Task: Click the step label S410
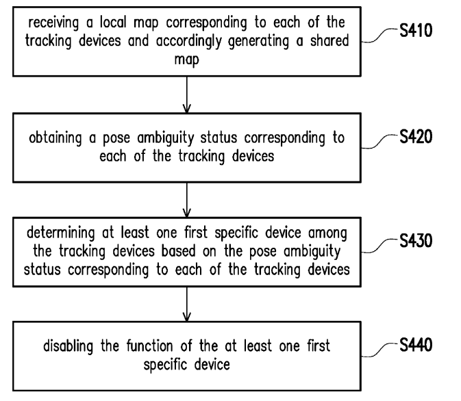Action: [x=416, y=30]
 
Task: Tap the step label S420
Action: [x=416, y=137]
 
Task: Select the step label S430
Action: [x=416, y=241]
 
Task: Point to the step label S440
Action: [x=416, y=345]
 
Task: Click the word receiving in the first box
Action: [x=53, y=23]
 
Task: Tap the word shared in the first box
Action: [x=329, y=40]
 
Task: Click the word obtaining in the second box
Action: [x=55, y=138]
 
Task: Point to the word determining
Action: [x=60, y=233]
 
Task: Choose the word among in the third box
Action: [x=327, y=234]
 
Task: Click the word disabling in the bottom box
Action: [x=68, y=346]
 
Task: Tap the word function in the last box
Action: [x=149, y=346]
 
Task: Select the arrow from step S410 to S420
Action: [x=187, y=94]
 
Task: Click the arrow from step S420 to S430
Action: [x=187, y=200]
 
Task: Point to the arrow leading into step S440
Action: [x=187, y=304]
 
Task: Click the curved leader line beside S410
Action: [x=379, y=36]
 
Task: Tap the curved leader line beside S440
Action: [x=379, y=350]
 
